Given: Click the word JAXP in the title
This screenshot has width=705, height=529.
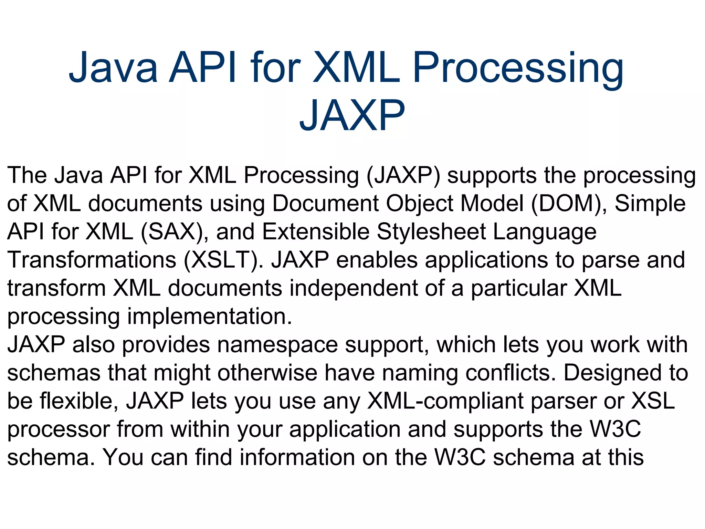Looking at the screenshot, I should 352,115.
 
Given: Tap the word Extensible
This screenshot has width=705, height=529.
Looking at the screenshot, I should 316,231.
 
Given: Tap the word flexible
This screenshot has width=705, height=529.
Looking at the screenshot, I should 79,401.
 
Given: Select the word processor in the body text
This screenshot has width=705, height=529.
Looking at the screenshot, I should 58,430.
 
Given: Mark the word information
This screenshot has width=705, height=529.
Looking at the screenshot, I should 297,457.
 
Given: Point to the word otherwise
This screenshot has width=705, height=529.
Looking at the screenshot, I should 267,373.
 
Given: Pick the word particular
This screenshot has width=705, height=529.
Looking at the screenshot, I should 518,288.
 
